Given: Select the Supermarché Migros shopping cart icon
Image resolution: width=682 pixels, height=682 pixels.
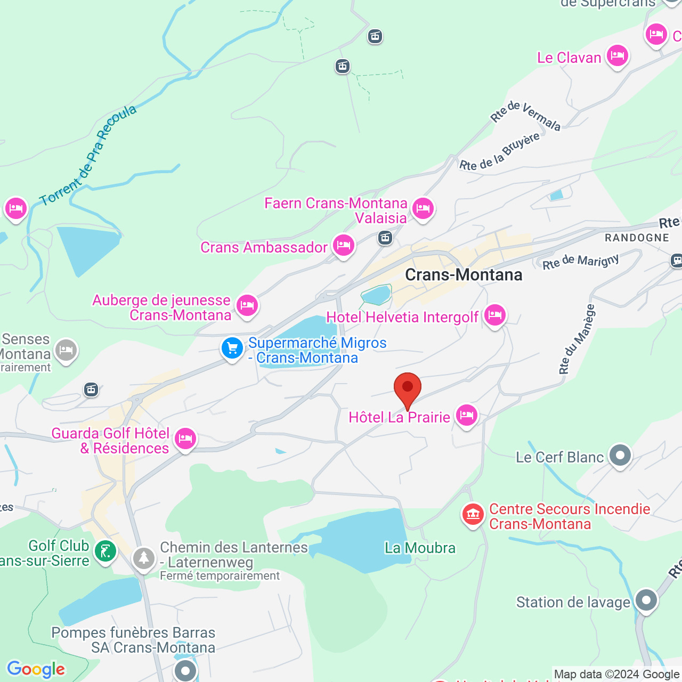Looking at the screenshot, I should [x=232, y=348].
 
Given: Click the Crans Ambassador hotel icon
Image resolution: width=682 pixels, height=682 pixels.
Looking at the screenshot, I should [x=344, y=245].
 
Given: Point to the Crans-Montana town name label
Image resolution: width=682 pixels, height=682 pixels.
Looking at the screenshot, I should [x=464, y=275].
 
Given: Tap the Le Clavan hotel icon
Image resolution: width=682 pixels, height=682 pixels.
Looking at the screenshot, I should [x=618, y=55].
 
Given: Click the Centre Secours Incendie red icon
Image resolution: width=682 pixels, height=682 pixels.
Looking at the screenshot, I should [x=473, y=514].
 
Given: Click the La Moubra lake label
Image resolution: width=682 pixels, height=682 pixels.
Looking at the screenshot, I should [x=420, y=548].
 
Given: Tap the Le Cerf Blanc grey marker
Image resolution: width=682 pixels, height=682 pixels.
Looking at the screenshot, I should [x=620, y=456].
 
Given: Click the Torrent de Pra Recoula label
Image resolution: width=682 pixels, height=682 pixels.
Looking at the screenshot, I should [x=88, y=156].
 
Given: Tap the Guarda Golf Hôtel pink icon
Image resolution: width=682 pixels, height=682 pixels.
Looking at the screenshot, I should [x=185, y=439].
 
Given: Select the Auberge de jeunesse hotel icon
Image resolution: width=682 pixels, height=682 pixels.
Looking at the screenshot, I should [x=247, y=305].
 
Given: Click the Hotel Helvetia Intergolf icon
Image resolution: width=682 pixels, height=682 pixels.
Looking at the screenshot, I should [x=495, y=315].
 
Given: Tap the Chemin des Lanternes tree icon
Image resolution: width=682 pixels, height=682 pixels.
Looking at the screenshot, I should [x=143, y=558].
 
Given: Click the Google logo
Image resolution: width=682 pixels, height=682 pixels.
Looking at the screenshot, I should [x=36, y=669].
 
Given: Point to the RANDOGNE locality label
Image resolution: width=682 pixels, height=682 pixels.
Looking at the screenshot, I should [x=637, y=238].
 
